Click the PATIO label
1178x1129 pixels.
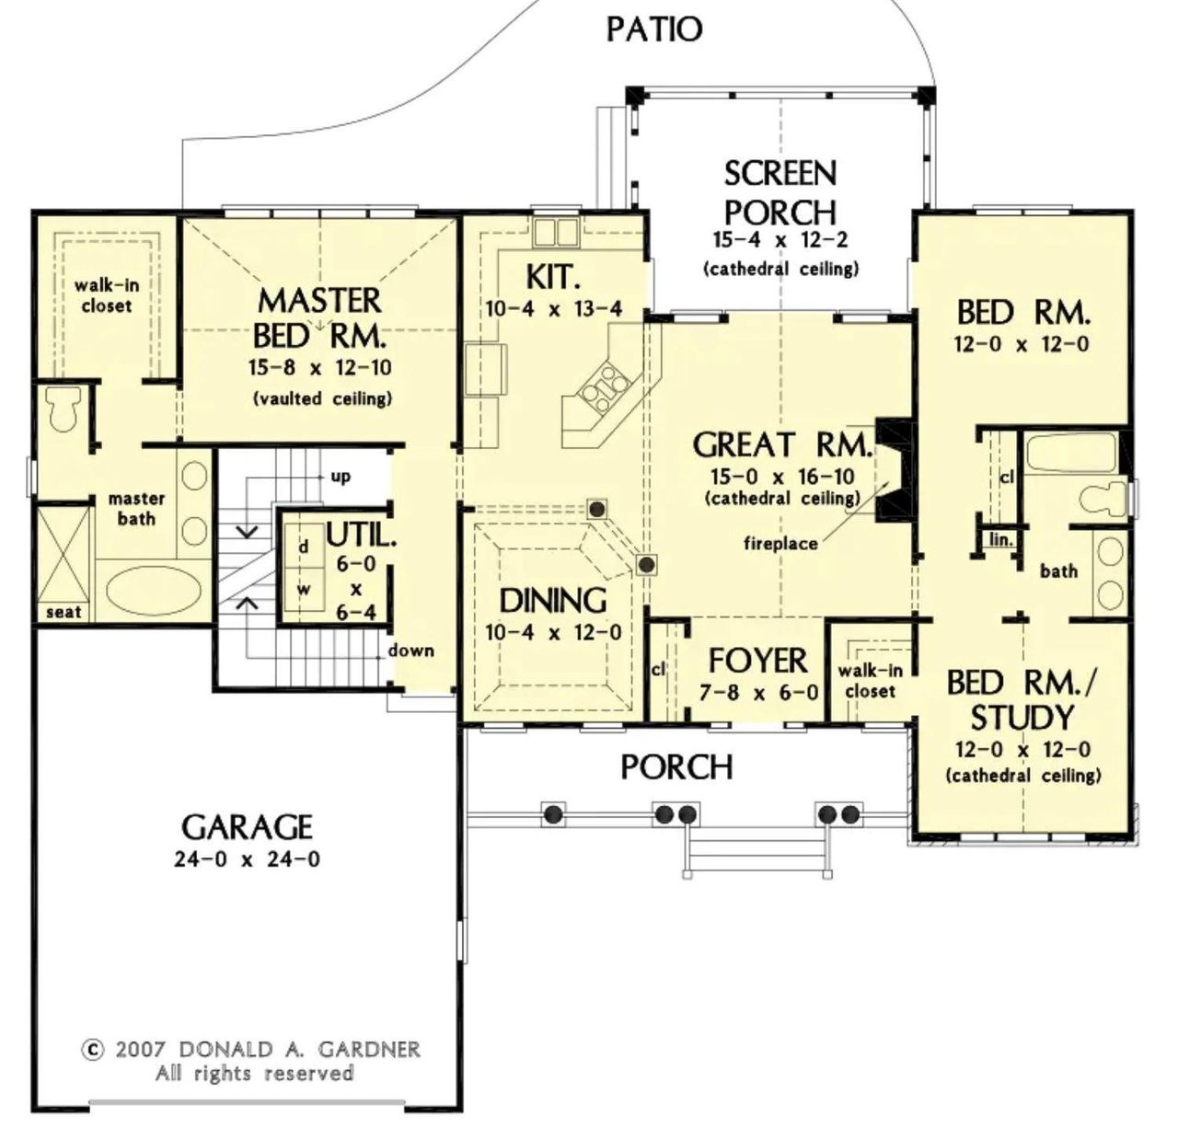[x=653, y=29]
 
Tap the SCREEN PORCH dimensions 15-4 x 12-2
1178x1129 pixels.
[x=780, y=241]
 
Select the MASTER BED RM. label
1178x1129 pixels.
[x=318, y=317]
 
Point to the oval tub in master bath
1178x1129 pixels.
[x=154, y=589]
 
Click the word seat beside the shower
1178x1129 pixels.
[x=64, y=612]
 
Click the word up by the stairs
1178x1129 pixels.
[x=341, y=477]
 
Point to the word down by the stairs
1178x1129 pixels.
[x=410, y=651]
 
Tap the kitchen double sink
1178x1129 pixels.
[x=555, y=233]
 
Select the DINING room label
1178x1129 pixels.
[x=552, y=601]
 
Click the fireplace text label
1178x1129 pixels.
[x=780, y=544]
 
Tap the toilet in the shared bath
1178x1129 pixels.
[x=1102, y=498]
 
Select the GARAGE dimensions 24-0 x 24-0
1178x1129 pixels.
[x=247, y=861]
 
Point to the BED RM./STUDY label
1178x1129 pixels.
[x=1022, y=699]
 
